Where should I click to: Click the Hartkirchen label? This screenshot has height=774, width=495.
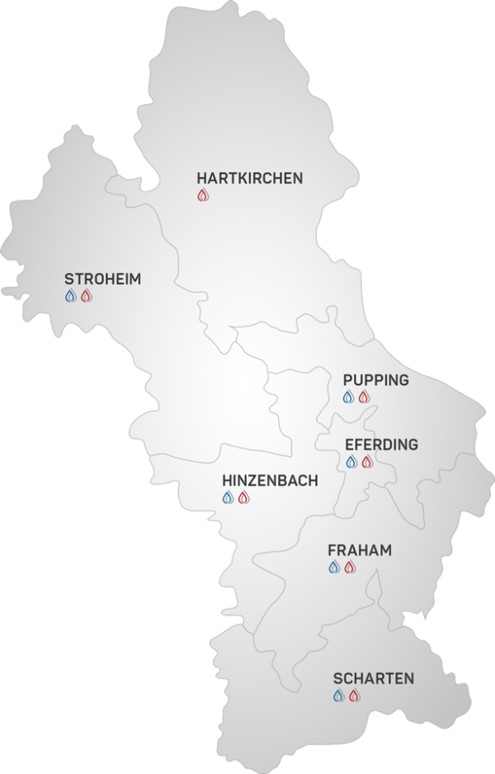[249, 177]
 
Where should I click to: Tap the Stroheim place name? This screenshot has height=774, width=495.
[102, 279]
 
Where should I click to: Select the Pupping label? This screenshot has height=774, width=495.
[375, 380]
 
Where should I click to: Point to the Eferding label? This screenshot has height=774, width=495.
[381, 445]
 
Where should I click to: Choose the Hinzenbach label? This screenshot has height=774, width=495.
[270, 480]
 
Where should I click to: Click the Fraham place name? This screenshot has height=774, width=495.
[359, 550]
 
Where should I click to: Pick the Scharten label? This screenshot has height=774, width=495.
[374, 678]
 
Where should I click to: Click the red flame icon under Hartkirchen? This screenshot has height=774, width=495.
[203, 196]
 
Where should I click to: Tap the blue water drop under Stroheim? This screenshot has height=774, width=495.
[71, 296]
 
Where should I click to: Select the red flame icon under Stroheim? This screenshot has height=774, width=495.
[86, 296]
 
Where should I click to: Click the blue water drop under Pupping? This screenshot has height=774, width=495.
[349, 397]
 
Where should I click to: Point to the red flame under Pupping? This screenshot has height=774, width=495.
[364, 397]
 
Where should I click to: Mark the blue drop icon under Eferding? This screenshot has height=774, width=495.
[351, 462]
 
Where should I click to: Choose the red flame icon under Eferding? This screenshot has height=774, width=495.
[367, 462]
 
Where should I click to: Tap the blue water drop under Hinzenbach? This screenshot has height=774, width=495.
[229, 498]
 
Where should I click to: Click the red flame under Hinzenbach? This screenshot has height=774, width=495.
[243, 498]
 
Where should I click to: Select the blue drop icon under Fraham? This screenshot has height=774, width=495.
[334, 567]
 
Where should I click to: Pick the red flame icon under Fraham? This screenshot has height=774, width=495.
[349, 567]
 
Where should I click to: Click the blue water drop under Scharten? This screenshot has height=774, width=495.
[339, 696]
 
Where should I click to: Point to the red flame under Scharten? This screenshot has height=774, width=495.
[354, 696]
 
